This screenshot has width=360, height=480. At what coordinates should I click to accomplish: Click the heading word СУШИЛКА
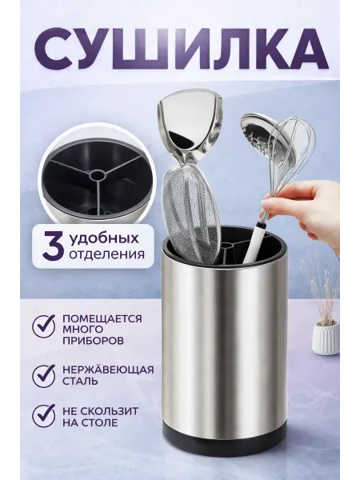tap(181, 50)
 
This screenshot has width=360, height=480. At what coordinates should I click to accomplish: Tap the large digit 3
tap(54, 246)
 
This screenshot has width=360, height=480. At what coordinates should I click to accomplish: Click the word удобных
tap(104, 238)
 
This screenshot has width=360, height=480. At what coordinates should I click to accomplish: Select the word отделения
tap(106, 254)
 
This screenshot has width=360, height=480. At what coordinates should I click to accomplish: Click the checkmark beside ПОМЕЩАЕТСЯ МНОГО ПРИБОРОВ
tap(45, 326)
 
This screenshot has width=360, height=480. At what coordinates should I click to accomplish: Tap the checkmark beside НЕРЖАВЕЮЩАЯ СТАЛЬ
tap(45, 376)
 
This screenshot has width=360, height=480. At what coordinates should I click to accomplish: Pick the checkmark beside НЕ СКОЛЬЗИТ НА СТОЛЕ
tap(45, 415)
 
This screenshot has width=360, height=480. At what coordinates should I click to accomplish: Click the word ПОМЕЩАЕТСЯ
tap(102, 318)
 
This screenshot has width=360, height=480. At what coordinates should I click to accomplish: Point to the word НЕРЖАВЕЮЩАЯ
tap(108, 369)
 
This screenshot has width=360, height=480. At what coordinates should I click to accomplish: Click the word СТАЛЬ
tap(80, 382)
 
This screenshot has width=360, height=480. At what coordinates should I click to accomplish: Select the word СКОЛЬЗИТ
tap(111, 410)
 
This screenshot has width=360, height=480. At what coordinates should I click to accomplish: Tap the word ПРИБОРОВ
tap(93, 341)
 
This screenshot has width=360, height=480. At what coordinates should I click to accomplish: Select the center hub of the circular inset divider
tap(97, 176)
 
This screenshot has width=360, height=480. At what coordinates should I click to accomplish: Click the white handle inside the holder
tap(254, 245)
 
